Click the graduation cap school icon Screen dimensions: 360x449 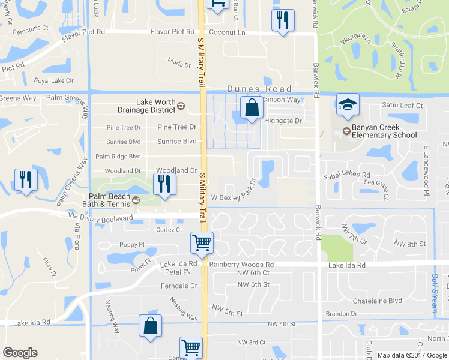[x=348, y=105]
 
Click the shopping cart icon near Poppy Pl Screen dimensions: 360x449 [x=202, y=243]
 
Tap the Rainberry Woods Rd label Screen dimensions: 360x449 [x=241, y=264]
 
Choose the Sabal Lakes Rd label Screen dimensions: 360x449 [x=346, y=173]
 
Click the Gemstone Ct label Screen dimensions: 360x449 [x=32, y=28]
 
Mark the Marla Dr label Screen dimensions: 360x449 [x=179, y=64]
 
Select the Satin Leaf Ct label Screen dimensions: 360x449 [x=403, y=106]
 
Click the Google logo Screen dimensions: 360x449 [x=20, y=353]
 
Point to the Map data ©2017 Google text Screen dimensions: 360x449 [x=412, y=355]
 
